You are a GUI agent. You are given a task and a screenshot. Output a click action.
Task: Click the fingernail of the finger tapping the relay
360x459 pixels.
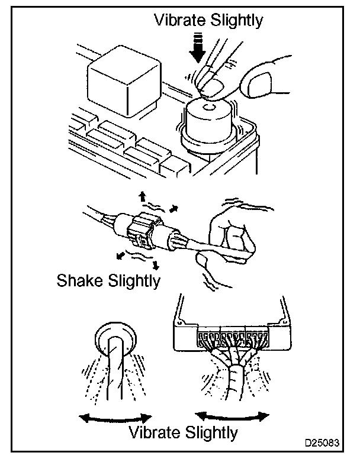click(x=208, y=89)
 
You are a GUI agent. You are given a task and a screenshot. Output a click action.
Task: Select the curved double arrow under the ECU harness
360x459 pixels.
click(x=230, y=413)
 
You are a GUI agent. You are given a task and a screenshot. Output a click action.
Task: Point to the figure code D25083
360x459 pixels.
click(x=324, y=443)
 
